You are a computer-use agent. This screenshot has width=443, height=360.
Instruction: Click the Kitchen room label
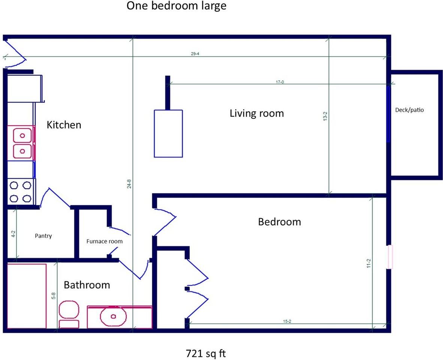pos(64,125)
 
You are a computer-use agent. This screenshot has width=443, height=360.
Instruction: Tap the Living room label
pos(257,114)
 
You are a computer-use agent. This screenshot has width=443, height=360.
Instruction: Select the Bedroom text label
pos(279,222)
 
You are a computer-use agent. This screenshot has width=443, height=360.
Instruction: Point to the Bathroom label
pos(87,285)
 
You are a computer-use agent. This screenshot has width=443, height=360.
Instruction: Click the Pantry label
pos(43,236)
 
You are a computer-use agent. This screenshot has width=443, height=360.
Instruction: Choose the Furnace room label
pos(105,241)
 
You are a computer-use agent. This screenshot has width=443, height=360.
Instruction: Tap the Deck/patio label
pos(409,110)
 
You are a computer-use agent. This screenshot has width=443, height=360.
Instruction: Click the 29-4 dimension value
pos(195,54)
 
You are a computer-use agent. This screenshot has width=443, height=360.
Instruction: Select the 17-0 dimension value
pos(280,82)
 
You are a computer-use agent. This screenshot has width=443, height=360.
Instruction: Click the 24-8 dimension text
pos(129,184)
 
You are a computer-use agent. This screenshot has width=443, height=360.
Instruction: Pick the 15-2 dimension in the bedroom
pos(287,321)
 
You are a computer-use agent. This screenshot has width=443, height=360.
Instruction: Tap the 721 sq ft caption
pos(206,354)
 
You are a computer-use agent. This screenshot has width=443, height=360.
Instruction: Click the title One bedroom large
pos(176,6)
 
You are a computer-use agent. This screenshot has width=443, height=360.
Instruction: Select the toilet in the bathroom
pos(69,314)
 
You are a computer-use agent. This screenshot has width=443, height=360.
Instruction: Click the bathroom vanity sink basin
pos(113,316)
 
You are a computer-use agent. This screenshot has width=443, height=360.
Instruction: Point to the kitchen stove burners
pos(20,192)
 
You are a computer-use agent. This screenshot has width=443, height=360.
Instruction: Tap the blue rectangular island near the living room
pos(168,133)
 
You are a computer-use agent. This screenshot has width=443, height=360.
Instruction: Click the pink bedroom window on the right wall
pos(390,257)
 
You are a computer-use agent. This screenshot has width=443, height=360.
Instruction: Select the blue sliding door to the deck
pos(389,114)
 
